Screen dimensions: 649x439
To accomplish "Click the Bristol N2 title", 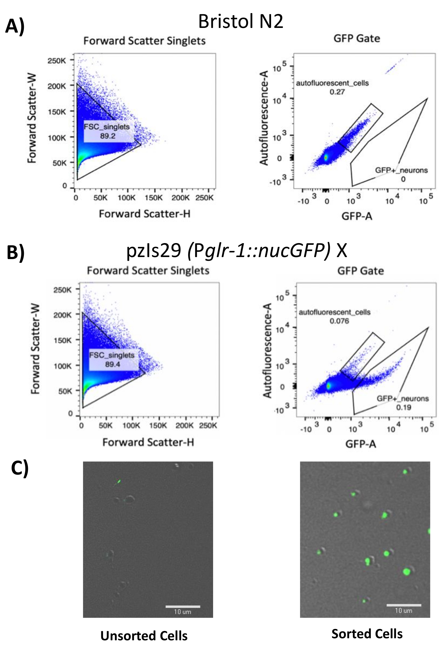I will point(240,22).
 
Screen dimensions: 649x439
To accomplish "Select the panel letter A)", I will point(15,26).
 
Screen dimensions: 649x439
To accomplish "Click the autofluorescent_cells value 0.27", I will point(337,92).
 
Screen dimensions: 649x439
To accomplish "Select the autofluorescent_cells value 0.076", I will point(339,321).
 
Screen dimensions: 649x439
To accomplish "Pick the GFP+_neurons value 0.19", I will point(403,407).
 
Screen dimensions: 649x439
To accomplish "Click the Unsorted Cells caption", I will point(144,636).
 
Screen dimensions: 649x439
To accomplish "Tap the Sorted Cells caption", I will point(367,634).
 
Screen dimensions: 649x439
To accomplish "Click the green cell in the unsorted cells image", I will point(119,482).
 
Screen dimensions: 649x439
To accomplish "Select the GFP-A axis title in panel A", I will point(357,216).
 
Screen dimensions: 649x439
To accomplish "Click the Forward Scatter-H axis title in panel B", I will point(148,442).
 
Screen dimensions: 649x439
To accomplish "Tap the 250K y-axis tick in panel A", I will point(57,61).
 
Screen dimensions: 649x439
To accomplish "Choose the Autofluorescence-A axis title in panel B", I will point(267,350).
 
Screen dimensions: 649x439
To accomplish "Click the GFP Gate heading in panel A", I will point(357,39).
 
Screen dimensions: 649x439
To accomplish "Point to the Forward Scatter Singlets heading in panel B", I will point(148,271).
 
